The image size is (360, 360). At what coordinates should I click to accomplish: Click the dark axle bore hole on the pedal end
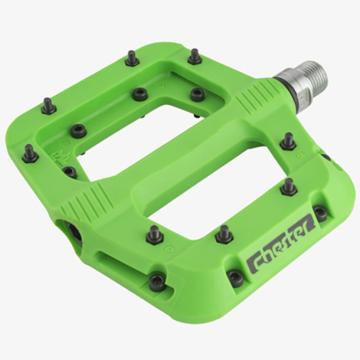pyautogui.click(x=75, y=232)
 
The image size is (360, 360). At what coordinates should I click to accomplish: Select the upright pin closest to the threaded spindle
pyautogui.click(x=288, y=141)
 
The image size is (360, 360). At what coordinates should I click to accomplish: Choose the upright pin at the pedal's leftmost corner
pyautogui.click(x=30, y=152)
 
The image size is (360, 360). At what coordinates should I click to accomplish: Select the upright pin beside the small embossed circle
pyautogui.click(x=224, y=234)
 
